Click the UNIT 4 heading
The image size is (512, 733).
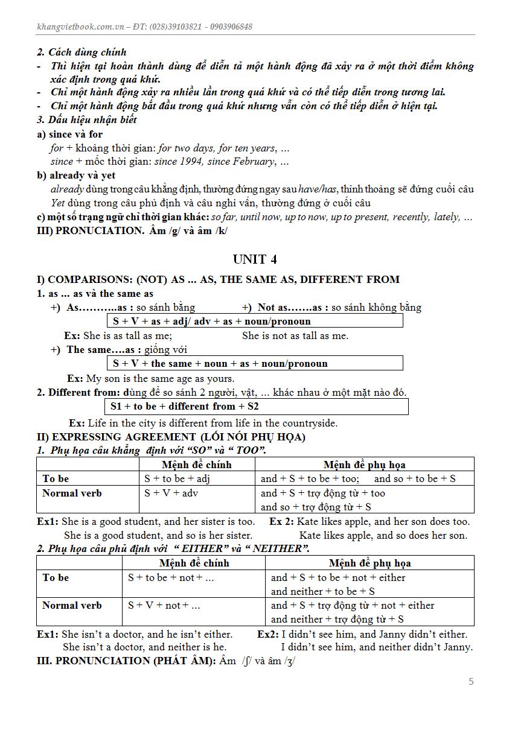point(255,259)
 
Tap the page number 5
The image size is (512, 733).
point(471,682)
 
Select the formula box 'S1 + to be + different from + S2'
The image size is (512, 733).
point(257,407)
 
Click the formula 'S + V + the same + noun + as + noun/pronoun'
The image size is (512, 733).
point(254,363)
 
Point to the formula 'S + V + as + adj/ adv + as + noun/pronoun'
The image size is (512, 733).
point(254,321)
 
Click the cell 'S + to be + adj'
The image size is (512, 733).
point(177,478)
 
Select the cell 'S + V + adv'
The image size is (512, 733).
point(171,493)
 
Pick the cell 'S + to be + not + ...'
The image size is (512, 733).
point(171,577)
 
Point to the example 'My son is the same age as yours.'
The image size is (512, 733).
point(160,378)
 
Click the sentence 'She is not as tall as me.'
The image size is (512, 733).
point(295,335)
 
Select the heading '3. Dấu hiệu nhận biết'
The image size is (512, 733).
point(87,119)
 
